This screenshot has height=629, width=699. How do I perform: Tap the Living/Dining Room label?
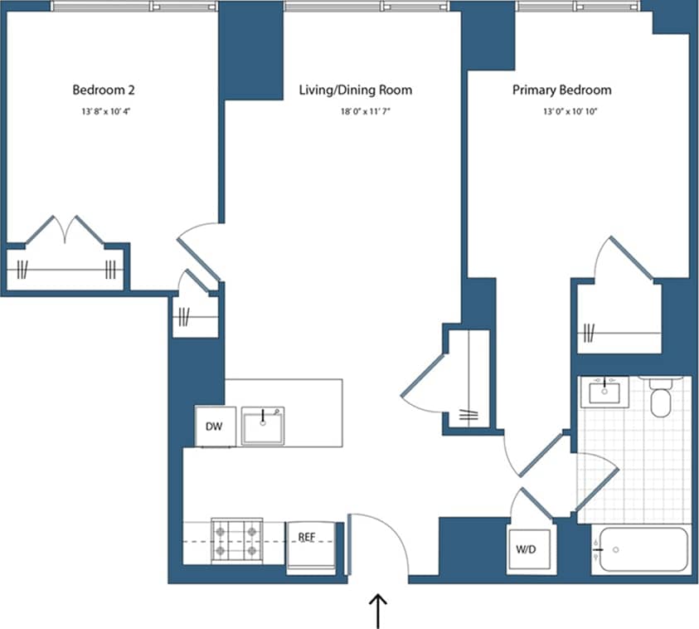[355, 90]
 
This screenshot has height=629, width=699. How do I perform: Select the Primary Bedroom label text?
[561, 90]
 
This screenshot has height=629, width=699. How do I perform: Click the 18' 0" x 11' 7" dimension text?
[355, 110]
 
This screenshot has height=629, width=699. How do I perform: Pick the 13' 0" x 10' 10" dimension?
[561, 110]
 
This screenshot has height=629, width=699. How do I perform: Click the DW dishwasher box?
[213, 426]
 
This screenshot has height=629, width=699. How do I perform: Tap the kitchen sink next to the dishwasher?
[263, 426]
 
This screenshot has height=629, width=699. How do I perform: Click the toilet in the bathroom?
[661, 398]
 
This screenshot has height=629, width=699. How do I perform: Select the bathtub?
[643, 549]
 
